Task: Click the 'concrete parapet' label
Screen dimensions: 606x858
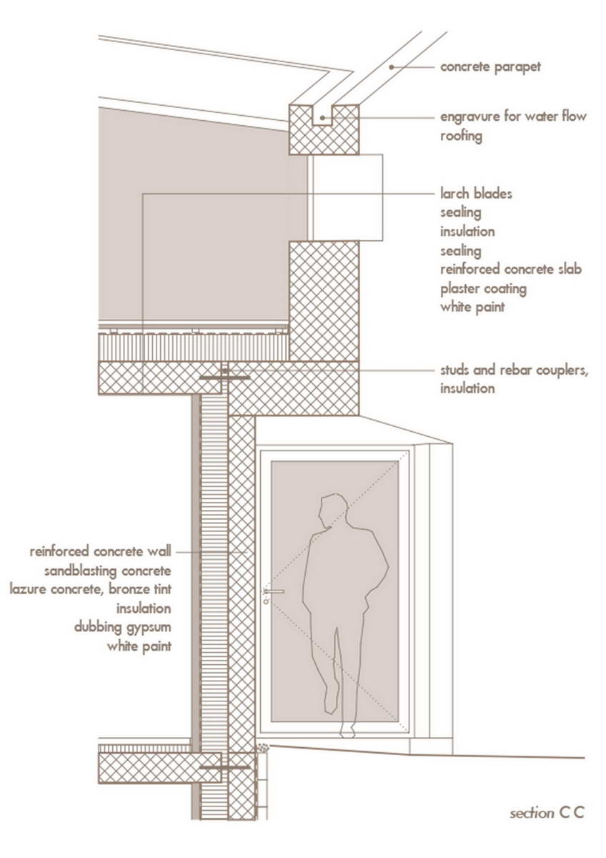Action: pyautogui.click(x=490, y=67)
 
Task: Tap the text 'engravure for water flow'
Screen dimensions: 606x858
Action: pyautogui.click(x=513, y=117)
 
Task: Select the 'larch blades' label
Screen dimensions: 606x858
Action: pyautogui.click(x=476, y=194)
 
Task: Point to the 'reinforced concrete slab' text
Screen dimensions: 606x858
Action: pyautogui.click(x=511, y=270)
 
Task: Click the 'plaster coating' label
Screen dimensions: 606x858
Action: pyautogui.click(x=483, y=289)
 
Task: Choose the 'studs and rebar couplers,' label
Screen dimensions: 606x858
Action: pyautogui.click(x=514, y=370)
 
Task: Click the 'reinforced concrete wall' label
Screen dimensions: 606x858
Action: pyautogui.click(x=100, y=551)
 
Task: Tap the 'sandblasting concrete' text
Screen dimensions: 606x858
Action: pyautogui.click(x=108, y=571)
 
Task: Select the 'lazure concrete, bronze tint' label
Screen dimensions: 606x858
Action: pyautogui.click(x=90, y=589)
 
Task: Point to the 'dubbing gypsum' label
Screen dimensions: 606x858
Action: pyautogui.click(x=122, y=628)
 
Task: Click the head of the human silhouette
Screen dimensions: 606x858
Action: pyautogui.click(x=332, y=511)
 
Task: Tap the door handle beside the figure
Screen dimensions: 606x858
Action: pyautogui.click(x=274, y=591)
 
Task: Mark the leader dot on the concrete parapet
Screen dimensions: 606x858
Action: pyautogui.click(x=391, y=67)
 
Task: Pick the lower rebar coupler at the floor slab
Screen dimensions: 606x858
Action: pyautogui.click(x=225, y=767)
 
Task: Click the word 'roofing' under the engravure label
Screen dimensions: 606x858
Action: pyautogui.click(x=461, y=136)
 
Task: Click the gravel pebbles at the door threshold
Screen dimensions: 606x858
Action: pyautogui.click(x=262, y=747)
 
